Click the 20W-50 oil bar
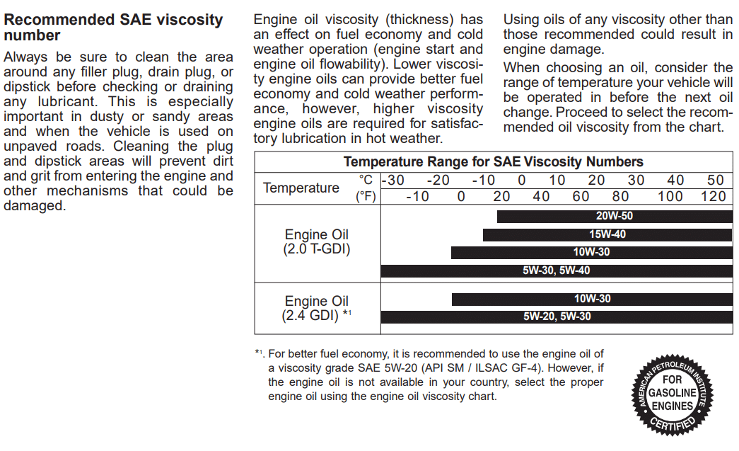pos(615,216)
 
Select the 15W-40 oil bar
pos(607,234)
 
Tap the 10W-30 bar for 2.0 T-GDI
pos(591,252)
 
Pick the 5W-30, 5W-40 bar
pos(557,270)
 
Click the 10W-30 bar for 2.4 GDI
pos(592,299)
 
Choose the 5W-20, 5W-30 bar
pos(557,317)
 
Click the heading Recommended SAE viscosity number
pos(113,28)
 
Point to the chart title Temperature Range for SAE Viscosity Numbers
pos(494,162)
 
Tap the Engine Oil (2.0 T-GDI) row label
pos(317,241)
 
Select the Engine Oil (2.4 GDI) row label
pos(316,308)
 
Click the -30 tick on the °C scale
pos(393,181)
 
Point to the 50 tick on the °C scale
pos(716,181)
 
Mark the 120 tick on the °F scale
pos(713,196)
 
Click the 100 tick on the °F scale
pos(670,196)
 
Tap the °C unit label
pos(366,180)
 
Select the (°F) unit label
pos(366,196)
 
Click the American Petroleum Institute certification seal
pos(672,395)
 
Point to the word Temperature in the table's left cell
pos(301,188)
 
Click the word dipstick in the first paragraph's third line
pos(27,87)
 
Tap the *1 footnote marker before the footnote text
pos(260,353)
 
